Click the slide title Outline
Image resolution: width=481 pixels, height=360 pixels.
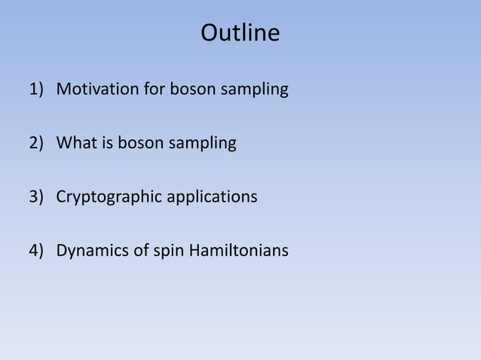point(240,33)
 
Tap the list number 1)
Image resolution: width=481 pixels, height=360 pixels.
point(38,90)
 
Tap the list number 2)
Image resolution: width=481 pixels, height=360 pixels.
point(38,143)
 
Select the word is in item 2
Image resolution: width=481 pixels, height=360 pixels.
point(106,143)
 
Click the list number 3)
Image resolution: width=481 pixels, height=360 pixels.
point(38,197)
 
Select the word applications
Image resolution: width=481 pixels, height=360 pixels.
point(212,198)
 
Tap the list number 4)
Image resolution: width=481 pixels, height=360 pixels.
point(38,251)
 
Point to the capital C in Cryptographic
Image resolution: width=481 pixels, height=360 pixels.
point(62,197)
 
